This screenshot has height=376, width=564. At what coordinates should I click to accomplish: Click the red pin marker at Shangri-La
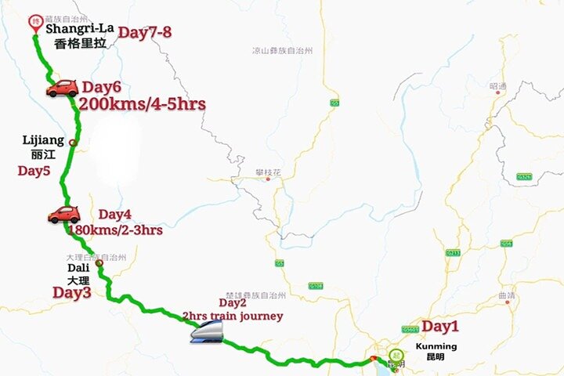coord(34,23)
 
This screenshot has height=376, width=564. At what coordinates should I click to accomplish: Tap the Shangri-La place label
coord(79,30)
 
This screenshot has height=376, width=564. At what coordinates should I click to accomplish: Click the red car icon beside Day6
coord(62,89)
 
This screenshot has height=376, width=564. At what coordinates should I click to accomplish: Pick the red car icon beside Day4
coord(63,215)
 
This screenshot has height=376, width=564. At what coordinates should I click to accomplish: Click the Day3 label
coord(72,292)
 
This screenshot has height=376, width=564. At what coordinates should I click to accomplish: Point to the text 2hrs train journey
coord(232,316)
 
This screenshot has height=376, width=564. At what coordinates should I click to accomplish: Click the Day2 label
coord(233,302)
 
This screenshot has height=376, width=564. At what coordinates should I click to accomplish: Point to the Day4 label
coord(115,214)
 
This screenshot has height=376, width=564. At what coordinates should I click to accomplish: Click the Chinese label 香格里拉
coord(79,45)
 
